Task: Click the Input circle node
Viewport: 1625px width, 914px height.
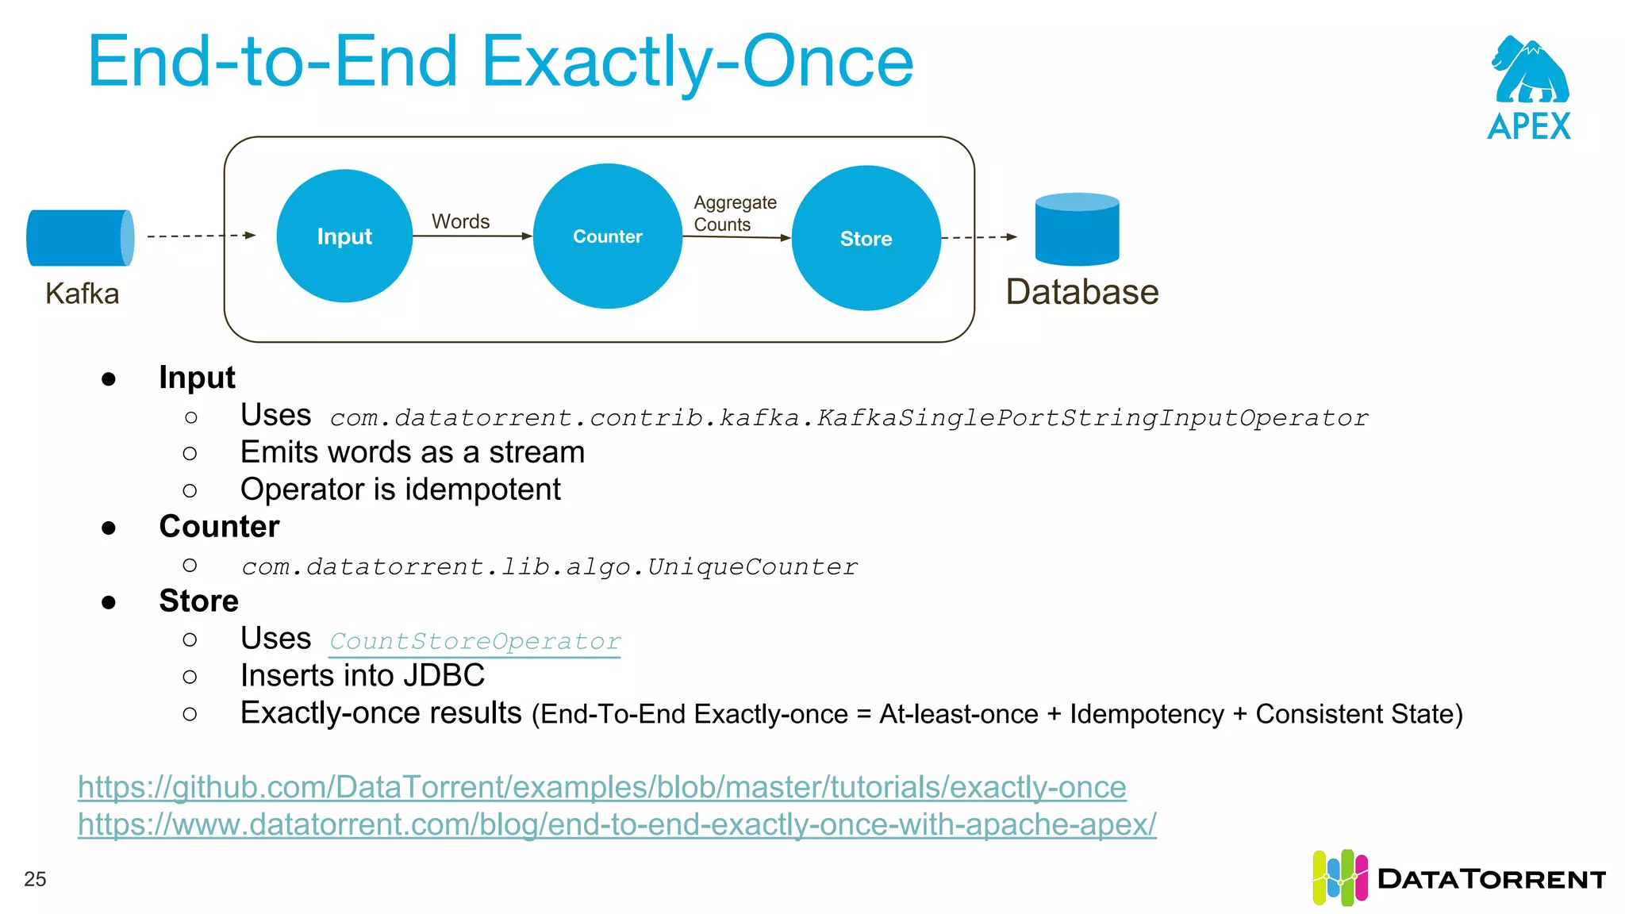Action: (x=344, y=236)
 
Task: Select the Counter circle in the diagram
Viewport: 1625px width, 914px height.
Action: (x=608, y=236)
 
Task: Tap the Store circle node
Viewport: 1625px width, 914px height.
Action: (x=866, y=238)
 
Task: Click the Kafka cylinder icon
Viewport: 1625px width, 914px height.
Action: (x=79, y=237)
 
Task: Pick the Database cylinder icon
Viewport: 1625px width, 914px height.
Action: (x=1077, y=229)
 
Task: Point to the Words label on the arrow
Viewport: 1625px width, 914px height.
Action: (x=460, y=221)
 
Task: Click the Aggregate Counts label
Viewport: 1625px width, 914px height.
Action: (x=734, y=213)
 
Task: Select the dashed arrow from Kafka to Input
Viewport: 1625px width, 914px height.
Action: (x=201, y=236)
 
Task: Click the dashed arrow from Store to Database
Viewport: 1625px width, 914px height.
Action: (x=978, y=236)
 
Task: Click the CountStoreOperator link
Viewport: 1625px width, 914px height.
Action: (x=474, y=641)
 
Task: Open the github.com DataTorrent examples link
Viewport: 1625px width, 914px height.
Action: (x=601, y=787)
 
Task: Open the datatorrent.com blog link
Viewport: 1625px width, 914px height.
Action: (x=617, y=824)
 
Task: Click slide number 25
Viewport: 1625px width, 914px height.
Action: (x=35, y=879)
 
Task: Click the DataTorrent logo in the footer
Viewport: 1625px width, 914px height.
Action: (x=1458, y=878)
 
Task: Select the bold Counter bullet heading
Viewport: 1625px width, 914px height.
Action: (x=219, y=527)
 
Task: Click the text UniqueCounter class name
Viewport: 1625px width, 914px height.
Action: (x=751, y=566)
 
